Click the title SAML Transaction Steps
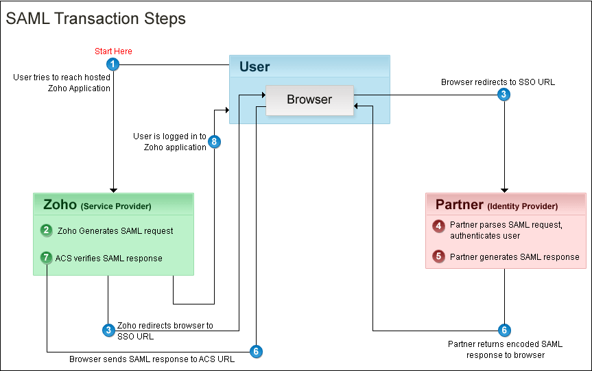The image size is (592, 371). (96, 19)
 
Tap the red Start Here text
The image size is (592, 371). (113, 51)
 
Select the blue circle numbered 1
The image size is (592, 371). (113, 64)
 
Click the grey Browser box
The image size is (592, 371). (309, 99)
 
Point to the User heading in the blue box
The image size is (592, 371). (254, 67)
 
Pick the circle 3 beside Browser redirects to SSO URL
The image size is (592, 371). (504, 95)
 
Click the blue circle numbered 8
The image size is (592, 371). (215, 142)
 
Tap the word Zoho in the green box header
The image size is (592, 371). (60, 205)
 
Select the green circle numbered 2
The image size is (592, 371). (46, 230)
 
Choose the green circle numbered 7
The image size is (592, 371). (46, 258)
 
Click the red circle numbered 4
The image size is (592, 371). (438, 226)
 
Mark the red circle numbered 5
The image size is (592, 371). (438, 257)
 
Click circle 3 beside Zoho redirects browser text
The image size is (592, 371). (108, 331)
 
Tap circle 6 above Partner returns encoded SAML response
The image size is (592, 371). (504, 331)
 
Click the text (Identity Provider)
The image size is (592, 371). (522, 206)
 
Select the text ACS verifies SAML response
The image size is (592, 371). (108, 259)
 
